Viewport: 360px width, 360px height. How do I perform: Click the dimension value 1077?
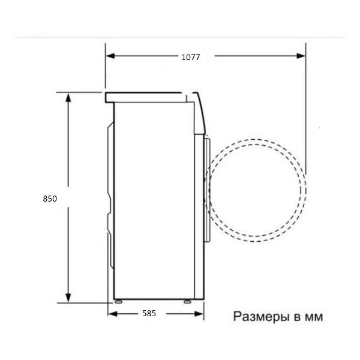191,57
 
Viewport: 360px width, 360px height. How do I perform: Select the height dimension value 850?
50,199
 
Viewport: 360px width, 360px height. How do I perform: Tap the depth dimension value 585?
149,313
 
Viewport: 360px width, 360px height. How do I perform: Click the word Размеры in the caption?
261,317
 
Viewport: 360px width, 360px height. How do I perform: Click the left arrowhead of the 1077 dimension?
110,56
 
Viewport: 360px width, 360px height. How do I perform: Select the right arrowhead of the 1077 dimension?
301,56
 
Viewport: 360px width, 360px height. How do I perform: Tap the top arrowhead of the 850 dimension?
68,97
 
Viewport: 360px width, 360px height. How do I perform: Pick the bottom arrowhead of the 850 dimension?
68,298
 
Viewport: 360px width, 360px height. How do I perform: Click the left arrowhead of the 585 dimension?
113,314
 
